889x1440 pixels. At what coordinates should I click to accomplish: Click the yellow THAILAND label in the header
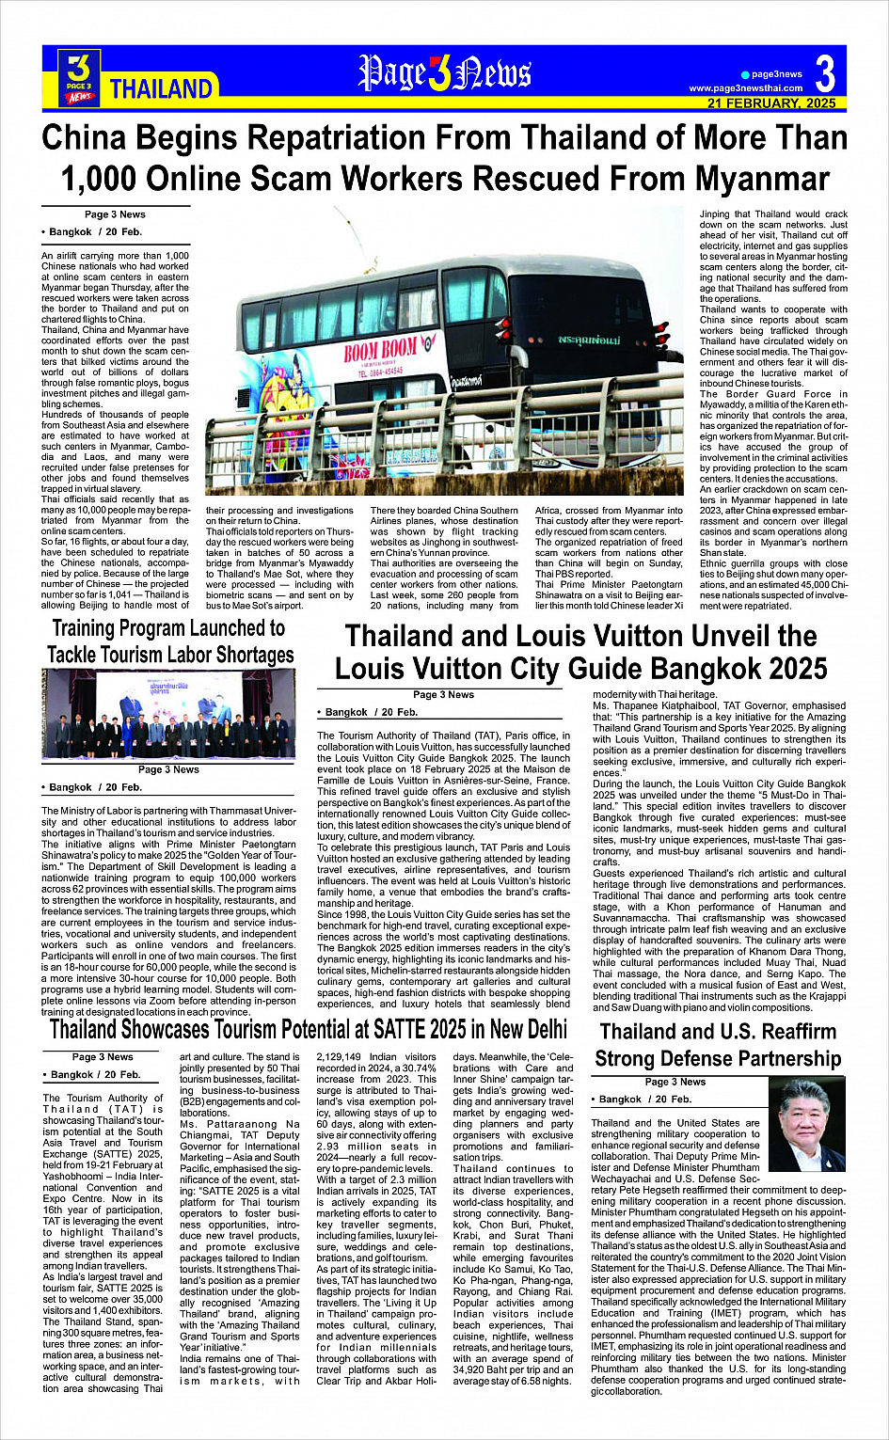tap(161, 89)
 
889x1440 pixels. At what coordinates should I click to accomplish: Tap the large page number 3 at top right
tap(825, 73)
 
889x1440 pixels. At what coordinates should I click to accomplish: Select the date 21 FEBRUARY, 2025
tap(771, 103)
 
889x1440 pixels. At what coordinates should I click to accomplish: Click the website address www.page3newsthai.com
tap(746, 88)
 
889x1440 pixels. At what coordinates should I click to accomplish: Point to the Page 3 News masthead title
tap(445, 73)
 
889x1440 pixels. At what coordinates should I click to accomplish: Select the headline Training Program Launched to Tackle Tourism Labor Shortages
tap(170, 641)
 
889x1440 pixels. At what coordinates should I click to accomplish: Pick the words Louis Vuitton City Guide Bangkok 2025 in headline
tap(580, 669)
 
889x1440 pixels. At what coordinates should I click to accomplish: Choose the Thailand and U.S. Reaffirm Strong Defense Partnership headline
tap(718, 1045)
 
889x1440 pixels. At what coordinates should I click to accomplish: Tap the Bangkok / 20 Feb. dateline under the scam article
tap(92, 231)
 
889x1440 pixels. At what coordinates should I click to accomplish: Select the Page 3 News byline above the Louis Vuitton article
tap(443, 695)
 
